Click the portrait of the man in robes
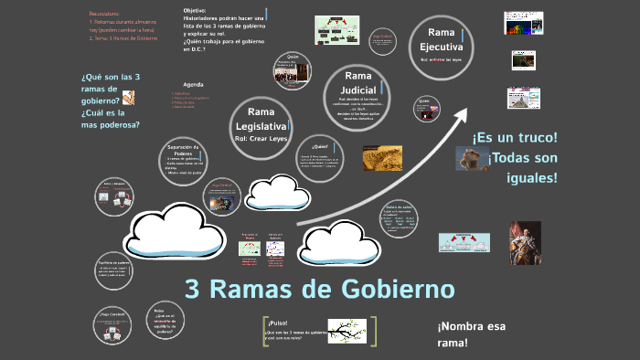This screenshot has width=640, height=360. click(x=525, y=242)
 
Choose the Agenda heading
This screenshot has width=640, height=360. click(x=193, y=84)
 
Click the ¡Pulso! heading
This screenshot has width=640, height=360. click(x=278, y=323)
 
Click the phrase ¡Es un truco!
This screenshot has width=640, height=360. click(x=515, y=137)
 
